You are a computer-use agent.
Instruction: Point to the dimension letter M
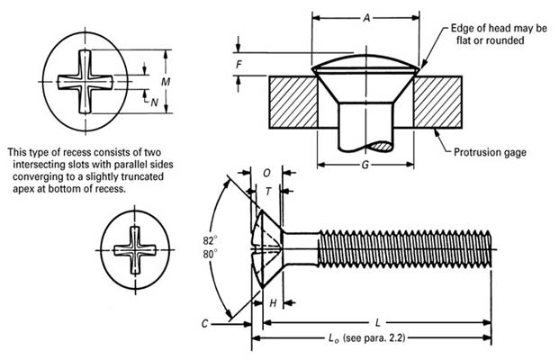(x=164, y=82)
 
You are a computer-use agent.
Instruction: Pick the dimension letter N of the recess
(x=155, y=102)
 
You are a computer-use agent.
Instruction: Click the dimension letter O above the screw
(x=267, y=172)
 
